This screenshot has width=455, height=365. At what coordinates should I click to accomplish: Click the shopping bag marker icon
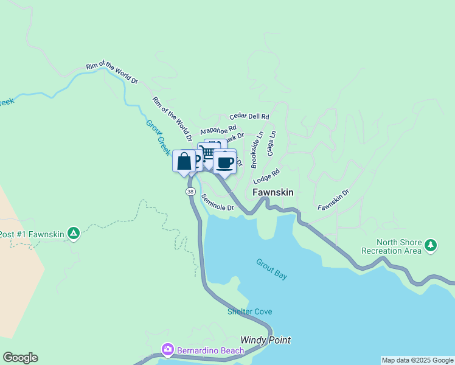click(184, 162)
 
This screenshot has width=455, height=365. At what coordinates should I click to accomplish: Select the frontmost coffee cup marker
click(224, 162)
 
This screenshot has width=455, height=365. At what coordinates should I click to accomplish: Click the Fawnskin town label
click(273, 192)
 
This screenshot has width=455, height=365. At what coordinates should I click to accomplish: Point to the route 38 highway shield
click(190, 191)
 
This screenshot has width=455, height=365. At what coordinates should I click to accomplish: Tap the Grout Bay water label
click(271, 269)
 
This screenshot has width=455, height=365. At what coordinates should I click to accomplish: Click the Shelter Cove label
click(250, 311)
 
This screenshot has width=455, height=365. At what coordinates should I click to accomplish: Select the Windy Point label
click(265, 340)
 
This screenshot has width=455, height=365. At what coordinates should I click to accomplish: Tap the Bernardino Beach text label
click(210, 350)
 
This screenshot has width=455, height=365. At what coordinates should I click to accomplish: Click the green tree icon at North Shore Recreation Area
click(431, 245)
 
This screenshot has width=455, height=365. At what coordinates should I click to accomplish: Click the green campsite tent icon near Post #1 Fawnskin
click(73, 233)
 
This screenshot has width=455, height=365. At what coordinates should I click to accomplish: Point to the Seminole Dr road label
click(217, 203)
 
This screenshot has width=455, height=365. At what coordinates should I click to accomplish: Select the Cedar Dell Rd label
click(249, 116)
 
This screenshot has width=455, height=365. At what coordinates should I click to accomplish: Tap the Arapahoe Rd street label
click(218, 130)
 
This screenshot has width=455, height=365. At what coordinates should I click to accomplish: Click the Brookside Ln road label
click(257, 150)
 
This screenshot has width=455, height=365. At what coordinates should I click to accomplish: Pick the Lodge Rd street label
click(266, 176)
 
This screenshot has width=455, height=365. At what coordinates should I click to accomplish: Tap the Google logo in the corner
click(20, 358)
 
